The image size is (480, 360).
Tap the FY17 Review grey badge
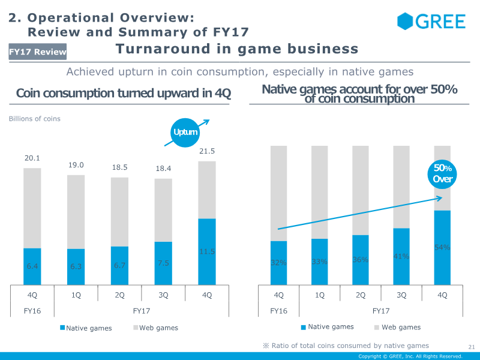[37, 52]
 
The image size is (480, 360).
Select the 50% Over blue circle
[443, 173]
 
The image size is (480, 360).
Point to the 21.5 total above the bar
[207, 151]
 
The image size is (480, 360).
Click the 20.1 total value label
[32, 158]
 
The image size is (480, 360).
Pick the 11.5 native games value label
[207, 252]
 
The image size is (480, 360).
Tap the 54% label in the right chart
[442, 247]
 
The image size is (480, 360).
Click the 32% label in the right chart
[278, 262]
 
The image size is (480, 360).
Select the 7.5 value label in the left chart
[163, 262]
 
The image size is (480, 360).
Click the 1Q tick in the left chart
[76, 295]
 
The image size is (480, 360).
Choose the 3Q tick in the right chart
[401, 295]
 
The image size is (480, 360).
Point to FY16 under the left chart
[32, 311]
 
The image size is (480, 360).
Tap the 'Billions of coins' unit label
[34, 119]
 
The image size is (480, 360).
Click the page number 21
[471, 346]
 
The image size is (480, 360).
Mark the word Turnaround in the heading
[155, 49]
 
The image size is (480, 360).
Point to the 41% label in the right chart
[401, 256]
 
